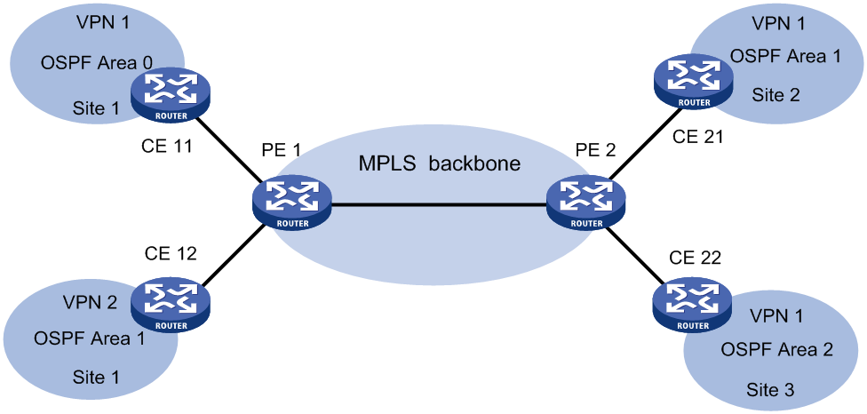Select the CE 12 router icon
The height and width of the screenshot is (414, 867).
click(x=171, y=306)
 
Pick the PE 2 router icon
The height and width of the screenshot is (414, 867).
click(x=585, y=203)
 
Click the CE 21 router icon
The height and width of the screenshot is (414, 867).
click(x=692, y=82)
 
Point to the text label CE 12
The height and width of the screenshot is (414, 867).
click(x=171, y=253)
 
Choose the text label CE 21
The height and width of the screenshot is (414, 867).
click(x=697, y=136)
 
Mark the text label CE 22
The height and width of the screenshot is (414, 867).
click(x=696, y=257)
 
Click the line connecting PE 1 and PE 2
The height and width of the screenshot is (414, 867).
click(x=439, y=204)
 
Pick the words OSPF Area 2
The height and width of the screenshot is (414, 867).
click(x=777, y=349)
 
